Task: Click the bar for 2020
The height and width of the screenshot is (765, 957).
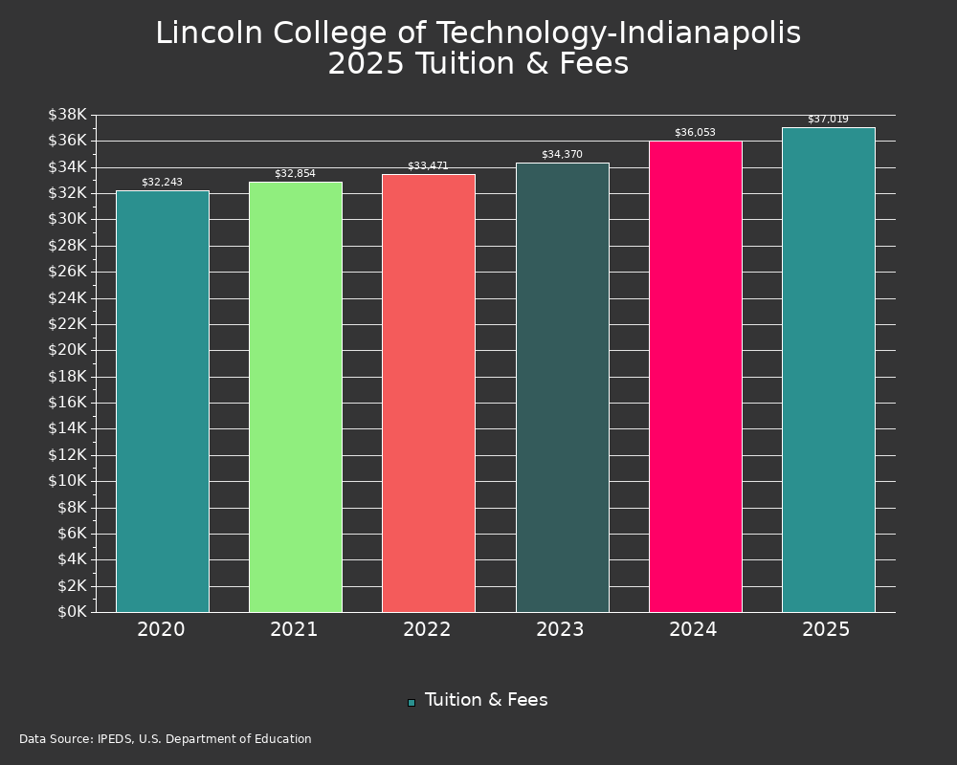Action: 163,402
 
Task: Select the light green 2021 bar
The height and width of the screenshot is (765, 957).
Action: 296,397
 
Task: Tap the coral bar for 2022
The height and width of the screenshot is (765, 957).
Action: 429,393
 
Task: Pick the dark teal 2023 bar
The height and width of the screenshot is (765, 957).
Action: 562,387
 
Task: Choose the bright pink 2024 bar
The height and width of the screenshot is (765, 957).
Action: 695,377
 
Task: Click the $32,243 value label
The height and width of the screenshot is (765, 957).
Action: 163,182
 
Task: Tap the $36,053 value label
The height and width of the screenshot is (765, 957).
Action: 695,132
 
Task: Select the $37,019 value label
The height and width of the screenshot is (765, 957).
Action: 828,120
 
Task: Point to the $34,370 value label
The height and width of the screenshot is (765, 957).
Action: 562,154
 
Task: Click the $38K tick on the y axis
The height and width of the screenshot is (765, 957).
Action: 67,115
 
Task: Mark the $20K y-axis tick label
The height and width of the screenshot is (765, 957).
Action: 67,350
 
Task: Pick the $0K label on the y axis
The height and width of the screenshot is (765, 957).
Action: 71,611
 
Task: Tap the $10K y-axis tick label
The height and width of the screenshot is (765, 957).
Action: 67,481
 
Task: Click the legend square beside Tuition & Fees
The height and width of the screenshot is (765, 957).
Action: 412,702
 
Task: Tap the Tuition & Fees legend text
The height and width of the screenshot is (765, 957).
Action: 486,700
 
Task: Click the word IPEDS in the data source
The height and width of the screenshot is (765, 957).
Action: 115,739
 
